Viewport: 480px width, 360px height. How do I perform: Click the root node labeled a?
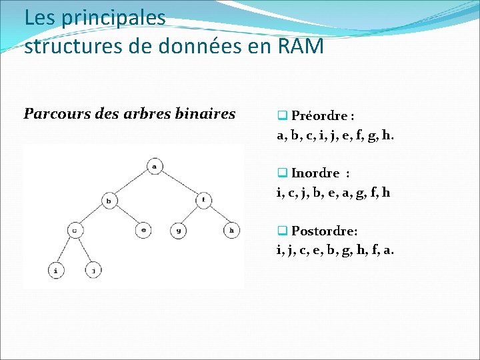pyautogui.click(x=155, y=166)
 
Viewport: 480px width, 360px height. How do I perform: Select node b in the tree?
pyautogui.click(x=109, y=199)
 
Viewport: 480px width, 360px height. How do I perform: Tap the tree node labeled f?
pyautogui.click(x=203, y=199)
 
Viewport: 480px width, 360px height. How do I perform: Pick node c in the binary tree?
pyautogui.click(x=75, y=231)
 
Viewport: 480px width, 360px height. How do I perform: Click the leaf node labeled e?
pyautogui.click(x=143, y=231)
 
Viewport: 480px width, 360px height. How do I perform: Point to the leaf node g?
pyautogui.click(x=178, y=231)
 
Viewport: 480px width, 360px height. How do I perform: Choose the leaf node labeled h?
pyautogui.click(x=231, y=231)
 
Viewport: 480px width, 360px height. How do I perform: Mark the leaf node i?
pyautogui.click(x=56, y=270)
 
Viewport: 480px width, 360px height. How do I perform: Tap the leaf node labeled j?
pyautogui.click(x=93, y=270)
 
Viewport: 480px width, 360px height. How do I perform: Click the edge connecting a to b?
pyautogui.click(x=132, y=183)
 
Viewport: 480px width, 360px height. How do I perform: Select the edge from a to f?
pyautogui.click(x=179, y=182)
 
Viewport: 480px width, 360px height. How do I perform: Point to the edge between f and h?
pyautogui.click(x=217, y=215)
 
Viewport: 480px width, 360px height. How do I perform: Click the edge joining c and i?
pyautogui.click(x=66, y=250)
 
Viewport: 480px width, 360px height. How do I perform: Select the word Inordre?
pyautogui.click(x=315, y=173)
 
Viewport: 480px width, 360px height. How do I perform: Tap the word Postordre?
pyautogui.click(x=324, y=231)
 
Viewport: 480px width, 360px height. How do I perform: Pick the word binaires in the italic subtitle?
pyautogui.click(x=204, y=113)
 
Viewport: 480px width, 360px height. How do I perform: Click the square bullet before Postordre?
pyautogui.click(x=282, y=231)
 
